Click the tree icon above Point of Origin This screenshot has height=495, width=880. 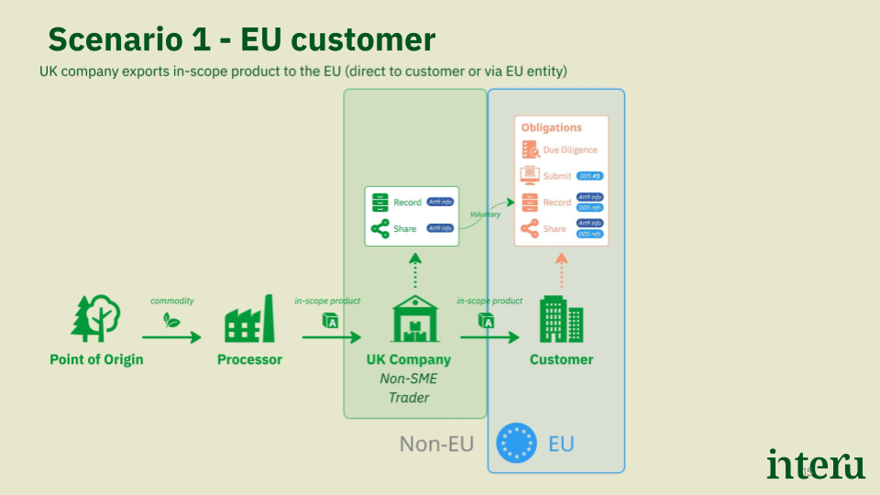pos(96,318)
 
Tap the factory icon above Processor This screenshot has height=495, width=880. pos(249,319)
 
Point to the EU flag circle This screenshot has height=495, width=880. pos(516,445)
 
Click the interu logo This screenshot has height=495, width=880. pos(815,464)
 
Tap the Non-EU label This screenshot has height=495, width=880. pos(436,445)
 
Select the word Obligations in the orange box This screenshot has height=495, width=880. pos(552,127)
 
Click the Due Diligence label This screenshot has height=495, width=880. pos(570,149)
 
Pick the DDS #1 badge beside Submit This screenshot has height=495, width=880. pos(589,175)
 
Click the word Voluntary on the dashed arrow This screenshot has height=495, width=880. pos(485,214)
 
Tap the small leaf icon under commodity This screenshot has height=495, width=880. pos(170,320)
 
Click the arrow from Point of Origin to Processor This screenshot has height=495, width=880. pos(171,337)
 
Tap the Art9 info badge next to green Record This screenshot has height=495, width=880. pos(440,202)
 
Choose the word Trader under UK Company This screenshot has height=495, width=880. pos(409,397)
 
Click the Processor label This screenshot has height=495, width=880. pos(249,359)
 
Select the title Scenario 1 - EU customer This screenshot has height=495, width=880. pos(241,39)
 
